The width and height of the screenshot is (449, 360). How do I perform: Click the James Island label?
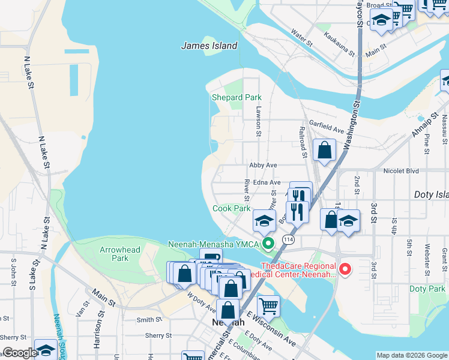[x=209, y=46]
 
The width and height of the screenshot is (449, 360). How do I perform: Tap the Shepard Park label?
[x=237, y=97]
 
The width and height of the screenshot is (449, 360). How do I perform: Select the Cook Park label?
[x=231, y=208]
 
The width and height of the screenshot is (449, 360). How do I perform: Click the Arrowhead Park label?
[x=121, y=254]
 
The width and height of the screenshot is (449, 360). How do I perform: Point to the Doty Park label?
[x=427, y=289]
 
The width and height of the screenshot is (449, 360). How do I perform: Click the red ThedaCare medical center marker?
[x=345, y=269]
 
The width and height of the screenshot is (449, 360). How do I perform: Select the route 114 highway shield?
[x=289, y=239]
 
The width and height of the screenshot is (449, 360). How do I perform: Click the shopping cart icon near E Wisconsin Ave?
[x=268, y=306]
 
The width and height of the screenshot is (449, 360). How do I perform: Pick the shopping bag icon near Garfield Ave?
[x=324, y=149]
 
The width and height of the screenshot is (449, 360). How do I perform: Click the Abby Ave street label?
[x=263, y=165]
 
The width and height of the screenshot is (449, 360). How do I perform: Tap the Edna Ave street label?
[x=267, y=182]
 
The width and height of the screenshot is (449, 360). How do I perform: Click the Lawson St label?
[x=258, y=121]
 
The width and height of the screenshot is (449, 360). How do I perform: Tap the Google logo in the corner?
[x=19, y=353]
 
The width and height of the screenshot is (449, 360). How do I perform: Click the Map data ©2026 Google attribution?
[x=412, y=355]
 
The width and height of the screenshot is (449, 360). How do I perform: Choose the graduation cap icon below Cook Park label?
[x=264, y=221]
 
